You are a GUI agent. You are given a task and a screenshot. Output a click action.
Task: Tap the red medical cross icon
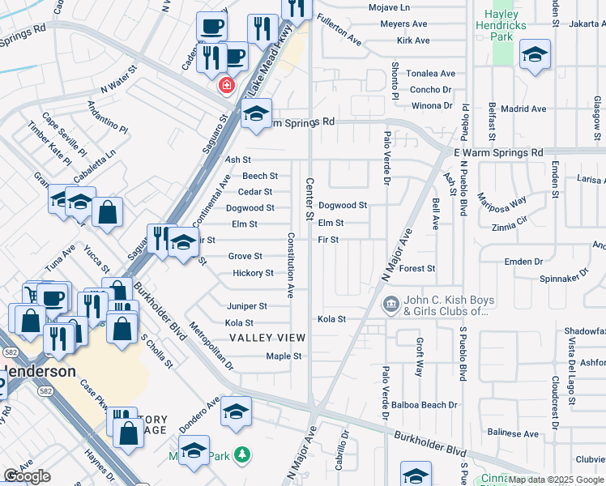point(225,84)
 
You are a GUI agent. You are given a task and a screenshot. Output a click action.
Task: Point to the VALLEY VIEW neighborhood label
point(267,338)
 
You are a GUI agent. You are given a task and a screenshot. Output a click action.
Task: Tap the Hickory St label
point(253,273)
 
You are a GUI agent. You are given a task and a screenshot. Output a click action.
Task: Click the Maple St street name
point(284,356)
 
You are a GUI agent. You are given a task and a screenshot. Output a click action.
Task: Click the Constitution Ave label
point(290,265)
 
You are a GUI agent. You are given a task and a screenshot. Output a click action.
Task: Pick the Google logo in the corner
point(27,476)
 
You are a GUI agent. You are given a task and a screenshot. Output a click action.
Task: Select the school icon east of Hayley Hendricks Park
point(534,54)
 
